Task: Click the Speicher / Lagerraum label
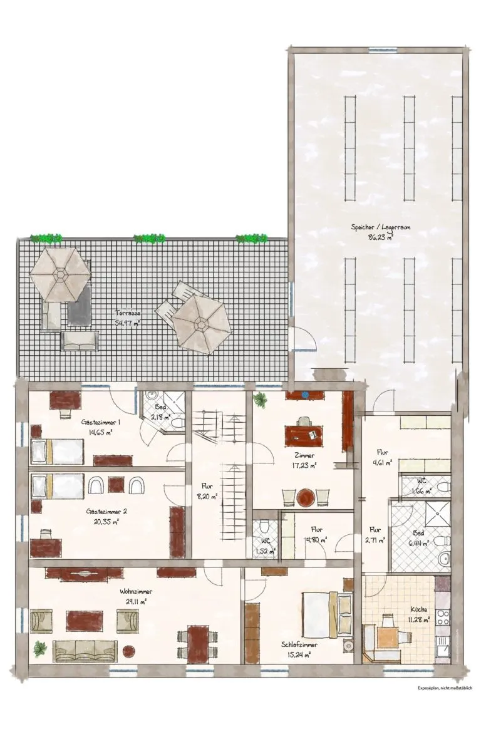[381, 227]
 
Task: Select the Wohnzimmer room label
[136, 592]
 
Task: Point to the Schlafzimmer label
[299, 644]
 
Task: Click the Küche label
[419, 609]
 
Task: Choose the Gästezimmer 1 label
[101, 422]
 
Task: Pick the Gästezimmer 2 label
[107, 512]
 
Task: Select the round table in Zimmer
[306, 497]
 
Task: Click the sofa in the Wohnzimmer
[85, 651]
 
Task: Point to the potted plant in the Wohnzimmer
[40, 649]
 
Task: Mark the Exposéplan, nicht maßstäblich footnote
[445, 688]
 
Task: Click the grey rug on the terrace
[79, 305]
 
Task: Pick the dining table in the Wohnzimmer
[197, 644]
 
